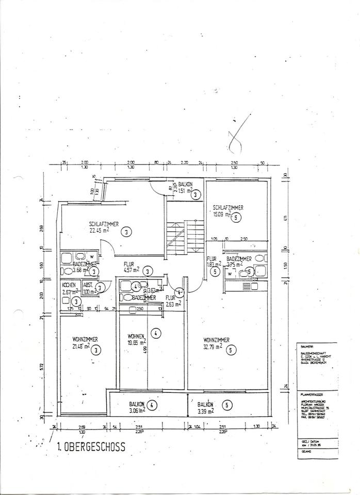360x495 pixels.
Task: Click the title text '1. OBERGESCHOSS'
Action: pos(91,447)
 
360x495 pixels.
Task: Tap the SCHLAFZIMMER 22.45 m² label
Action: pos(104,227)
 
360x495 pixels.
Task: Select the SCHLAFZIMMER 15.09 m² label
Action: pos(228,211)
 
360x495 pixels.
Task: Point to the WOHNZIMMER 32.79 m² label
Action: pos(216,343)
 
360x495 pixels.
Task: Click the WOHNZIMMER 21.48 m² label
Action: pos(85,343)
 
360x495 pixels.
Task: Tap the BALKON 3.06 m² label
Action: pos(136,407)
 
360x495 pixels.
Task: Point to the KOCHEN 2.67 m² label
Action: pos(69,288)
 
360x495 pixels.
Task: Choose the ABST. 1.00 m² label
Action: pos(89,288)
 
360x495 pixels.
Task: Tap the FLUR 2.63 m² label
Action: pos(172,301)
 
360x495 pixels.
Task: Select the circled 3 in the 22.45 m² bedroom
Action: pos(127,232)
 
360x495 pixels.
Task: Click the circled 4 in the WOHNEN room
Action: pos(156,333)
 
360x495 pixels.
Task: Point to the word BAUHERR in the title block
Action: pos(306,345)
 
